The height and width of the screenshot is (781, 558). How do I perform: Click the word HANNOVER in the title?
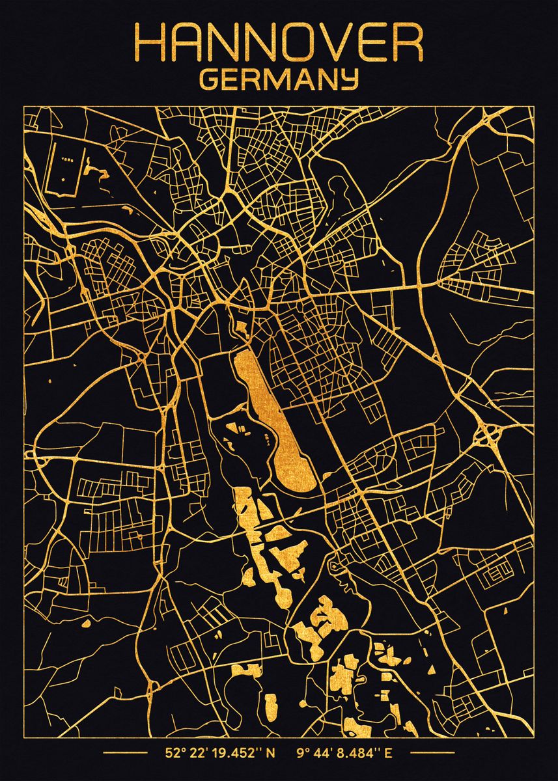(279, 44)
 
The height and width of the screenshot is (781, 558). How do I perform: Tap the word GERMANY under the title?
(279, 79)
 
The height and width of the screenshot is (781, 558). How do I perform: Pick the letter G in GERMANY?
(209, 79)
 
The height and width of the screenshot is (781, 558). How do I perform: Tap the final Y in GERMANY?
(350, 80)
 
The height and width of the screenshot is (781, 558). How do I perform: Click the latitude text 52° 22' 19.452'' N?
(220, 754)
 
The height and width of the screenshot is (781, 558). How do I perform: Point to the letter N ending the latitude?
(271, 754)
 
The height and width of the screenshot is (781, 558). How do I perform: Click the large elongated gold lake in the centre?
(273, 417)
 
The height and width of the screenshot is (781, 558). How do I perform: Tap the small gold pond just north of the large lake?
(241, 327)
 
